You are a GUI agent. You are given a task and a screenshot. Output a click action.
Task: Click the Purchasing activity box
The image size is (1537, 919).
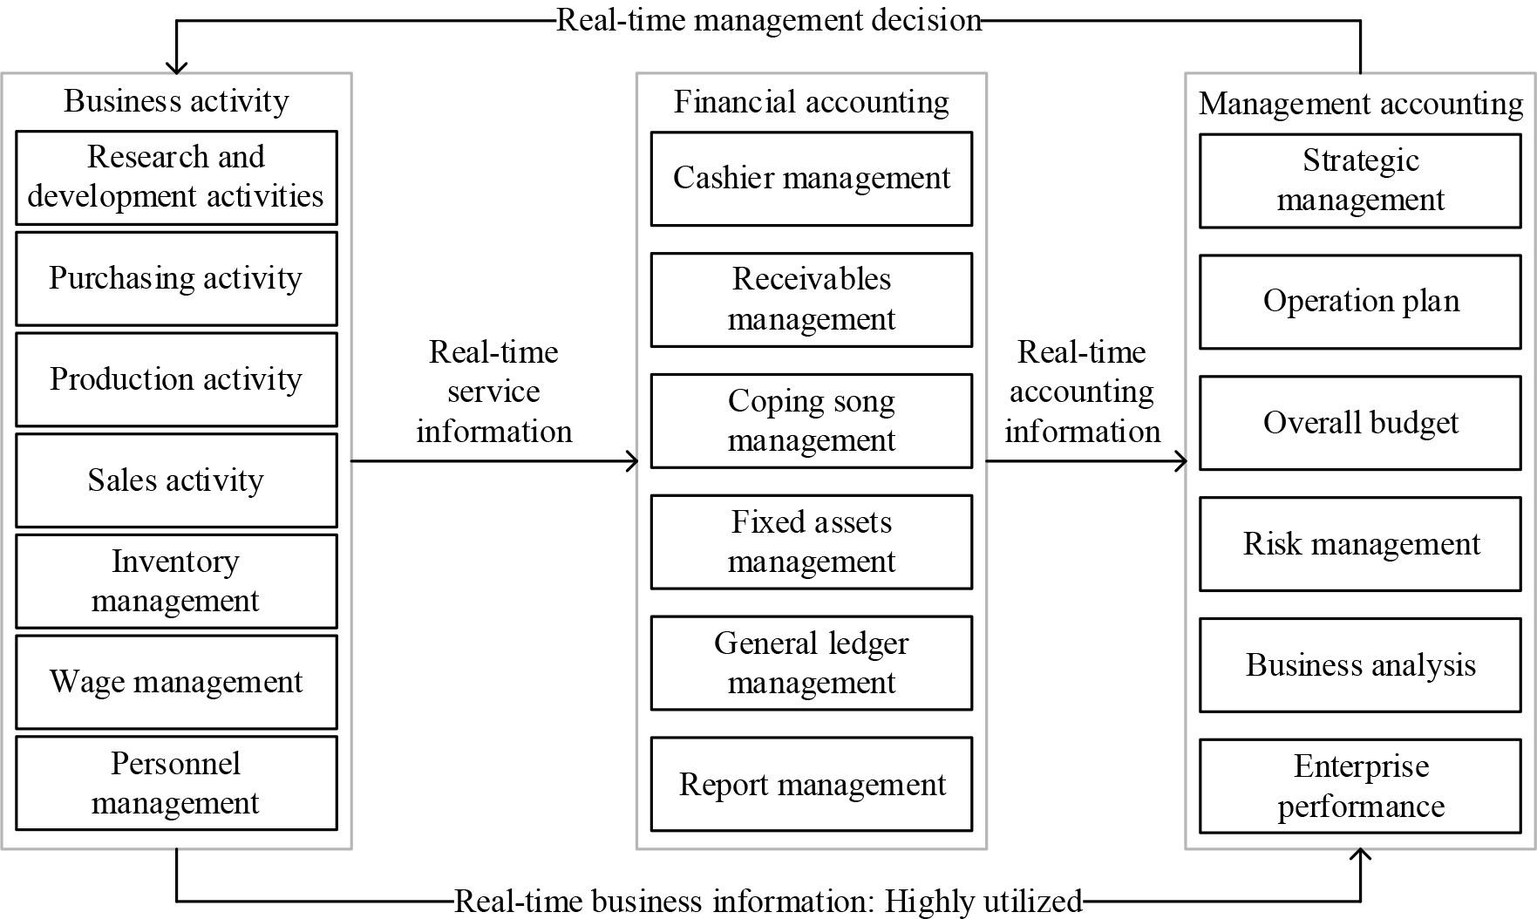coord(176,279)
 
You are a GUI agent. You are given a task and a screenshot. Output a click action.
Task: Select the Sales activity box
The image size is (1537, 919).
coord(176,480)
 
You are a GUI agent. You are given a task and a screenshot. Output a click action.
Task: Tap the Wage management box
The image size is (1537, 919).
coord(176,682)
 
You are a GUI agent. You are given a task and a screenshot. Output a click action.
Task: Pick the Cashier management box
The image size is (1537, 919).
coord(811,179)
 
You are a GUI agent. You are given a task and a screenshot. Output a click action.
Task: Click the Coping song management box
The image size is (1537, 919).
coord(811,421)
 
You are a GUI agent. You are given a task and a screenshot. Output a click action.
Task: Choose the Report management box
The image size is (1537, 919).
coord(811,784)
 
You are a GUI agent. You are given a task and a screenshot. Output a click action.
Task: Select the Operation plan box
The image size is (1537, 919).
coord(1360,302)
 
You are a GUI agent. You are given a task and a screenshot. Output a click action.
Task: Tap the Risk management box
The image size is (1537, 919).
coord(1360,544)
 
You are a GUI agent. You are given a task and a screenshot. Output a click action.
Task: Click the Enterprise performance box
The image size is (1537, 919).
coord(1360,786)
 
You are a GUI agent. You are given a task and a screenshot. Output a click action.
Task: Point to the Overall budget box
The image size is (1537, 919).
coord(1360,423)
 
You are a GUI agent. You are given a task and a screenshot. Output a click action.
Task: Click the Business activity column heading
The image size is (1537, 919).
coord(176,101)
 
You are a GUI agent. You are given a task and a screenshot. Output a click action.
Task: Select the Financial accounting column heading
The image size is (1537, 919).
coord(811,102)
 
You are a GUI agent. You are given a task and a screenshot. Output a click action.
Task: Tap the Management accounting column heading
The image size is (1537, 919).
coord(1360,104)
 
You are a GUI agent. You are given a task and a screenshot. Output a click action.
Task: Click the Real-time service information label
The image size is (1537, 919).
coord(493,391)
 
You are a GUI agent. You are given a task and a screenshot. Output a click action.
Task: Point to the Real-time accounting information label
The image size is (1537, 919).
coord(1082,391)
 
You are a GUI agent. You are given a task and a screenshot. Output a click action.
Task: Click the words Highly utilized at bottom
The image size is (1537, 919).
coord(983,901)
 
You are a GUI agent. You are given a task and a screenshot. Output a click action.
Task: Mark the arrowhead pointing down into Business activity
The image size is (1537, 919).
coord(176,67)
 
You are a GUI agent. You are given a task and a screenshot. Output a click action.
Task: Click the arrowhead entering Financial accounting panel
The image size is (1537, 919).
coord(632,461)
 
